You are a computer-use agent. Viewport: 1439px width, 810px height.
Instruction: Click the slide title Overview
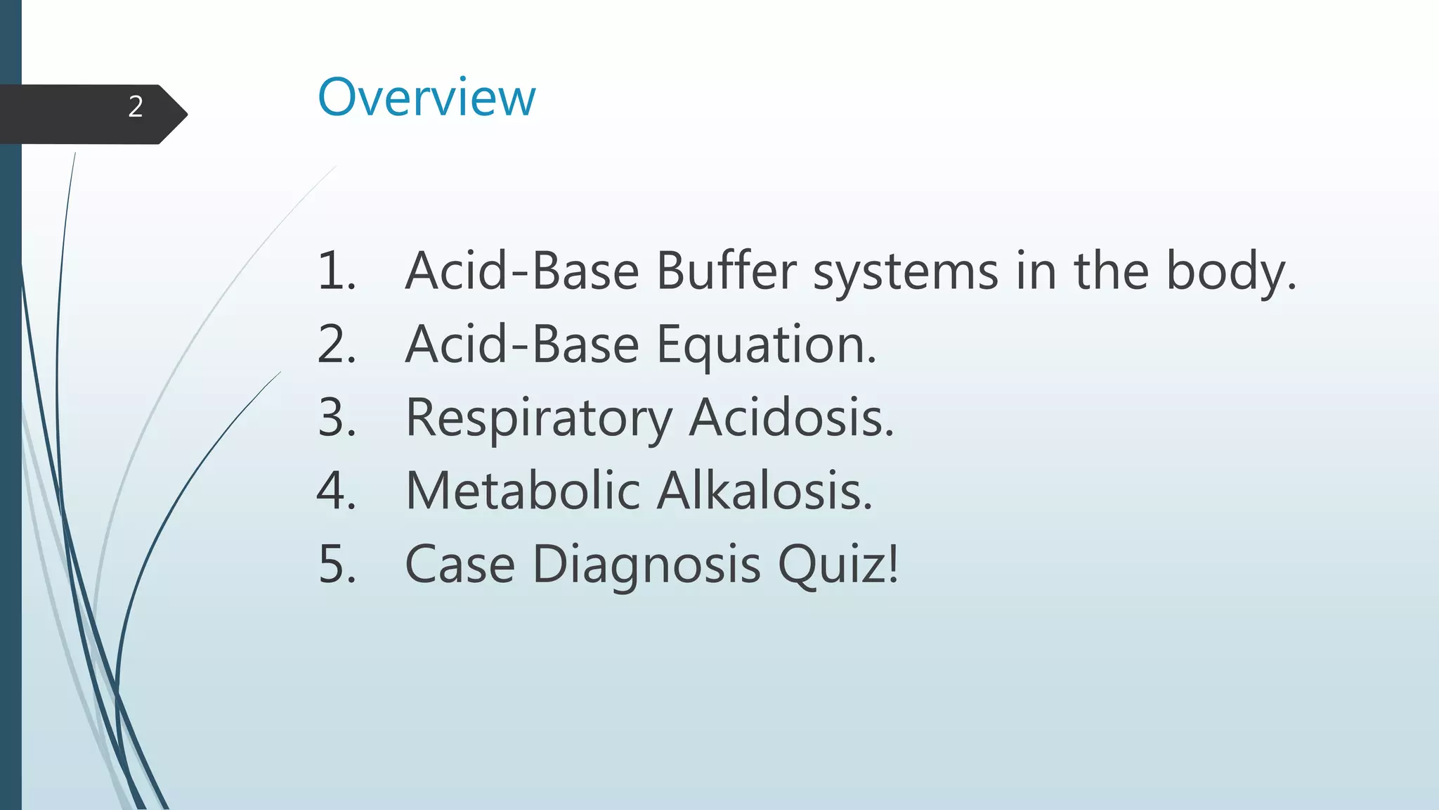[x=427, y=97]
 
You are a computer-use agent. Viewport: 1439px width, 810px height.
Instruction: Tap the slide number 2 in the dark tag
[x=136, y=107]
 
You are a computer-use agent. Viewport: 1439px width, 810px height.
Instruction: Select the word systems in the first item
[x=905, y=272]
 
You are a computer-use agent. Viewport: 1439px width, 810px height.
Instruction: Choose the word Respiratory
[x=539, y=419]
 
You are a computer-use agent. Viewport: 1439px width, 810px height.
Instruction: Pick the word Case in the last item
[x=460, y=564]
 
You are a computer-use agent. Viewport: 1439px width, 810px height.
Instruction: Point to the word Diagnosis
[x=646, y=565]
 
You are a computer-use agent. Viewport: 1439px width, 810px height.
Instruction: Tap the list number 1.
[x=334, y=271]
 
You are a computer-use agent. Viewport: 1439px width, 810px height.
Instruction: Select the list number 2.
[x=334, y=345]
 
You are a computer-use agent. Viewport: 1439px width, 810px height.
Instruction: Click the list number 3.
[x=334, y=418]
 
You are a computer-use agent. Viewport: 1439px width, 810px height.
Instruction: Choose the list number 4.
[x=334, y=491]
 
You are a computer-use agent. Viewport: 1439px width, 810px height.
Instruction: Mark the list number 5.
[x=334, y=564]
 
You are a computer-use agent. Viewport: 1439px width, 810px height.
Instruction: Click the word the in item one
[x=1110, y=271]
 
